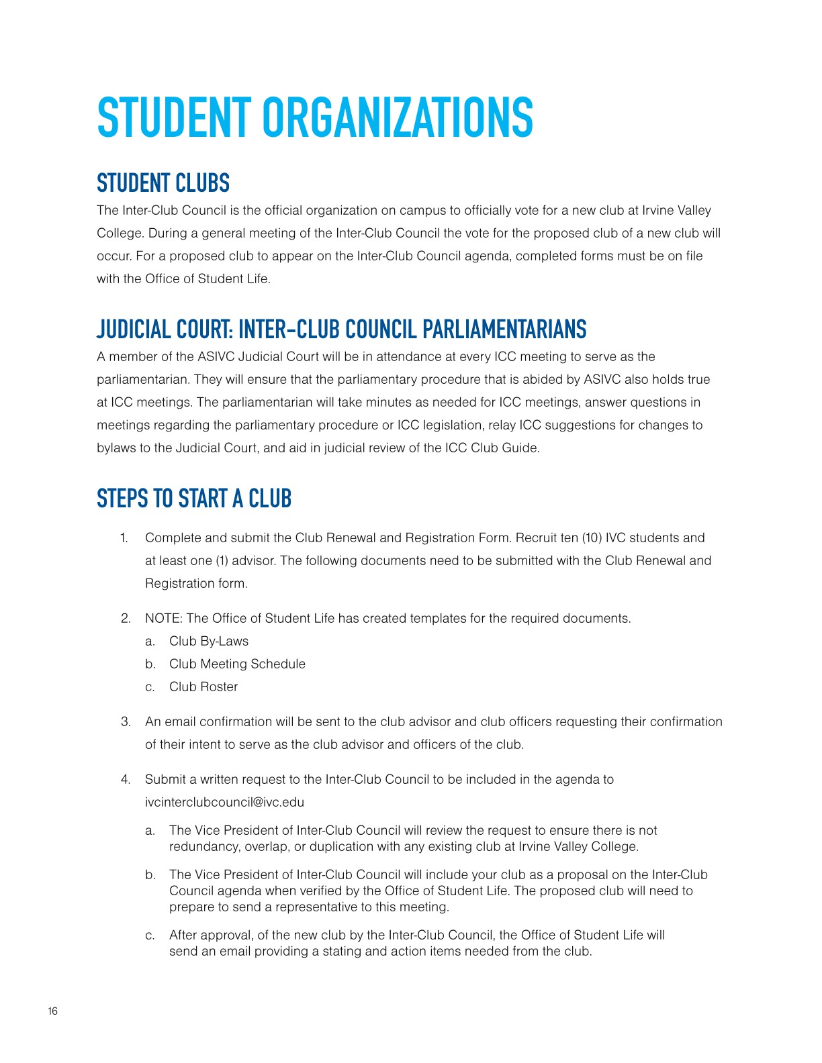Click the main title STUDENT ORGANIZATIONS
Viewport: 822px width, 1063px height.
315,118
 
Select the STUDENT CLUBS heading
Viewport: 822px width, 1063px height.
163,183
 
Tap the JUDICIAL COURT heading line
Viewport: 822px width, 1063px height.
341,330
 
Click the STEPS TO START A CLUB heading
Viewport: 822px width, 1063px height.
194,499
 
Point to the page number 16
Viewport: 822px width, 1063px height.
53,1011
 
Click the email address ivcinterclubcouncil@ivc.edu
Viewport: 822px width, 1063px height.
224,802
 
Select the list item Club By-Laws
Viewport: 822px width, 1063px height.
209,641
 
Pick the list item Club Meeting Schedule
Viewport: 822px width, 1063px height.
237,664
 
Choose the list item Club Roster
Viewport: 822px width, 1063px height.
203,687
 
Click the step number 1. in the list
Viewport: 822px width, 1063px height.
124,538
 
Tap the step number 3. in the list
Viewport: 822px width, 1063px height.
126,721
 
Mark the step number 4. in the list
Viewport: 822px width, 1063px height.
126,779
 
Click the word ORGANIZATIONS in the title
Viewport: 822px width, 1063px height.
397,118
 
